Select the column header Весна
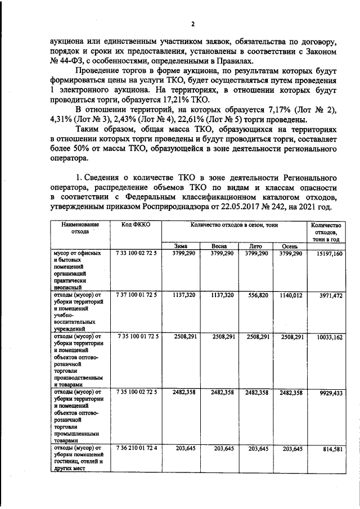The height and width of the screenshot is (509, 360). [219, 246]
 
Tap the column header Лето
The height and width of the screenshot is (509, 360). [255, 246]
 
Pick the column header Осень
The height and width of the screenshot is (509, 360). [289, 246]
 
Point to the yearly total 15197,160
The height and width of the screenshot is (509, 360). [326, 254]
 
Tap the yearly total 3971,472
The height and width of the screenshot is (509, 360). [328, 294]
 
